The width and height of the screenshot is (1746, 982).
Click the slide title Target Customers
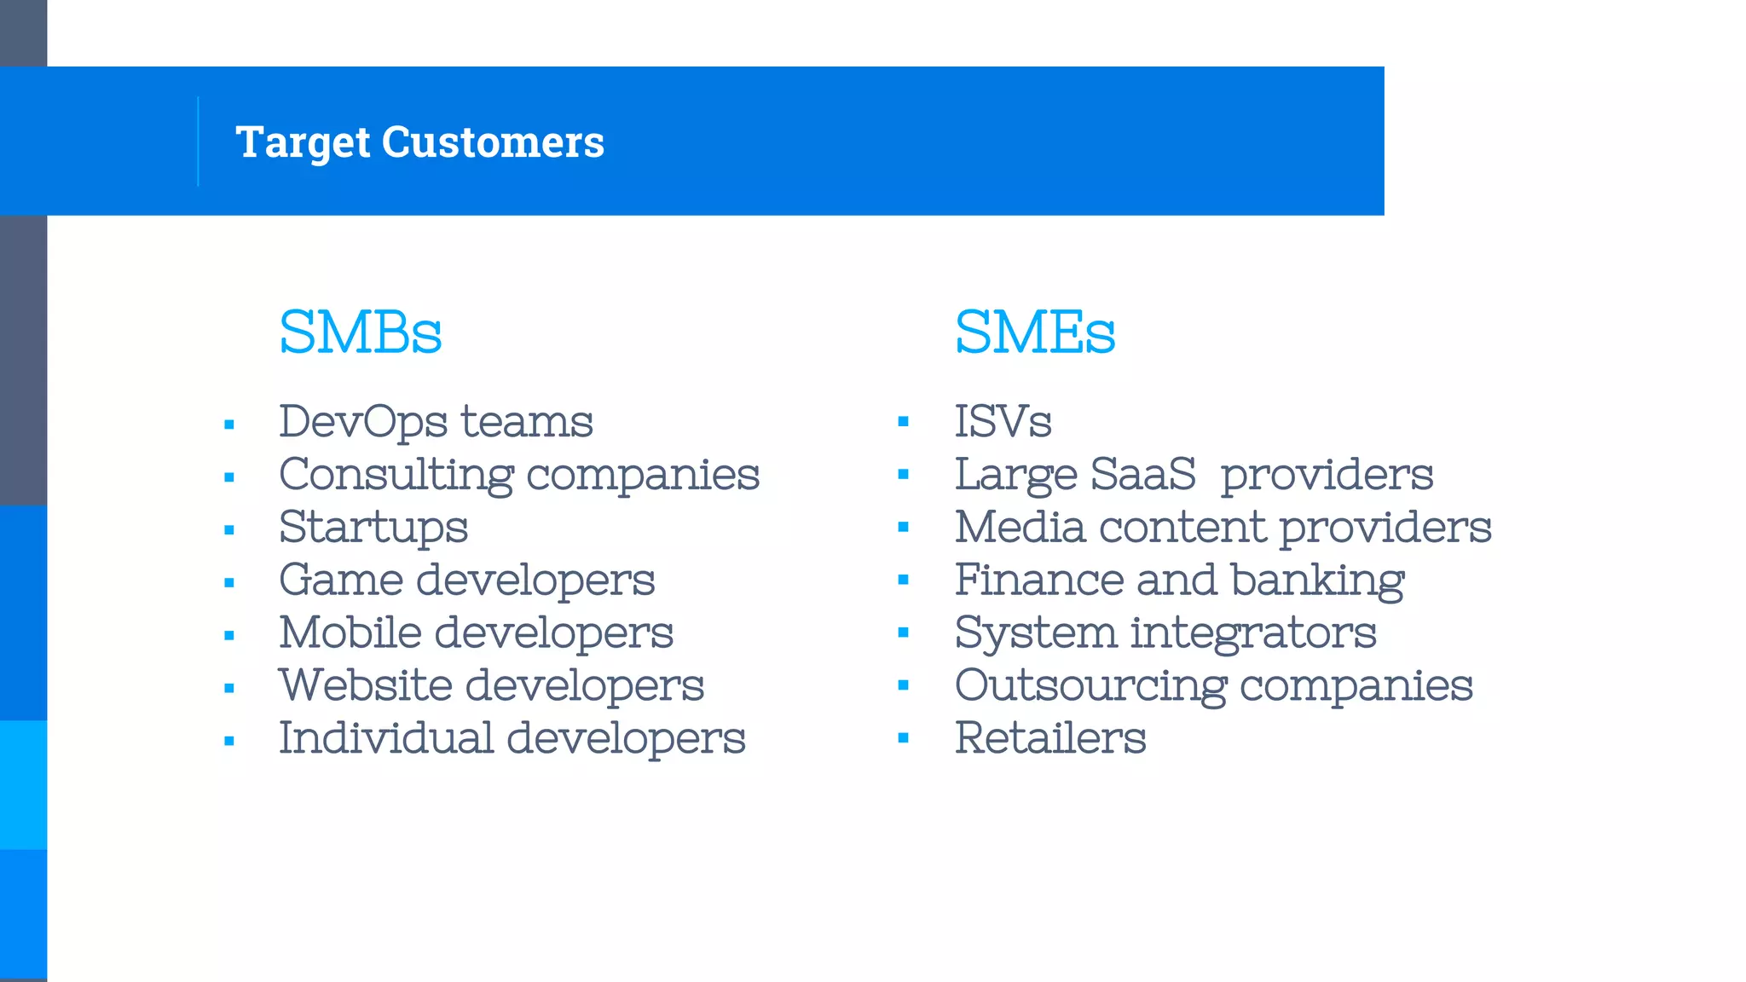419,142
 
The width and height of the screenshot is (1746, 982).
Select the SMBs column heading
360,332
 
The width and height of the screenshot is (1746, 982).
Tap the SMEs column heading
1034,332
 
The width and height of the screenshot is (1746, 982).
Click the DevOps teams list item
436,422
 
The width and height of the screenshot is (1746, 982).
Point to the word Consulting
396,476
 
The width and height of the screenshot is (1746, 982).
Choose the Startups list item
373,528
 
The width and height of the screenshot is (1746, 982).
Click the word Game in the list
341,581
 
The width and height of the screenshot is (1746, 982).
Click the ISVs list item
1003,422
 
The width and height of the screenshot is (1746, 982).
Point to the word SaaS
1142,475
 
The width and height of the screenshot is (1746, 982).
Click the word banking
1317,581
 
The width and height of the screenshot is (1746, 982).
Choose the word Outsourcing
1090,686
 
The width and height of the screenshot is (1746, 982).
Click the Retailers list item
1050,738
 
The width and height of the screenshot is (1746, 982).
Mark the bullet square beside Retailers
904,738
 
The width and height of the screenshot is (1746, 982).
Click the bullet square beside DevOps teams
229,425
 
